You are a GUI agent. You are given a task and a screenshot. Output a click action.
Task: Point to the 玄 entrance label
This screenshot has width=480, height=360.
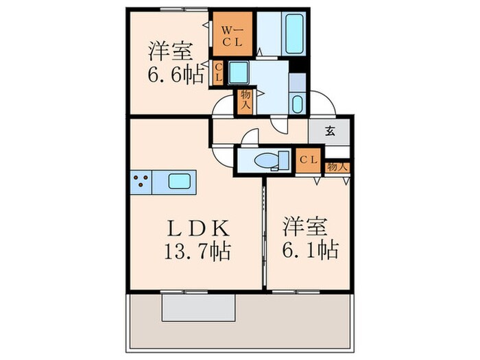[330, 132]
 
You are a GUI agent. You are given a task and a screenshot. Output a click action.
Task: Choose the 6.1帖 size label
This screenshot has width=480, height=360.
[309, 250]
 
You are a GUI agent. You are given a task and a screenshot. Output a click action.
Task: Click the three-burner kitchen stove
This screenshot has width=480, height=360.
[141, 182]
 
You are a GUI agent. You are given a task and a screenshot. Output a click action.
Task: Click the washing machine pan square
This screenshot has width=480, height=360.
[239, 71]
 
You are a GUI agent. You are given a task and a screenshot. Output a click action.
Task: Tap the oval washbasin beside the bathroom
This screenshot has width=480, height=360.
[297, 104]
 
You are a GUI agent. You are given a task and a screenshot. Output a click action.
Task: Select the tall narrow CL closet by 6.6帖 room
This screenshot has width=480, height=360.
[217, 72]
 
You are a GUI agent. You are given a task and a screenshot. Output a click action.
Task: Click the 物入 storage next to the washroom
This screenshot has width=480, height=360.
[244, 101]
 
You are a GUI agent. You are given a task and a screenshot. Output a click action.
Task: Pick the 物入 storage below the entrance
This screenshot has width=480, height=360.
[337, 167]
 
